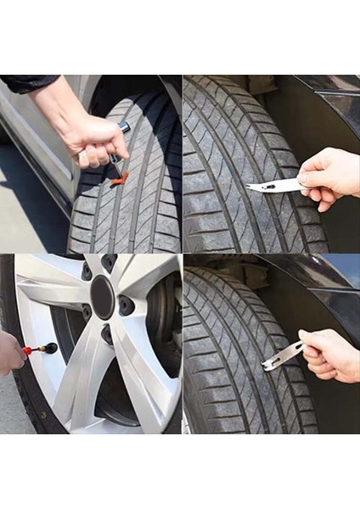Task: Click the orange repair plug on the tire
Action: (121, 178)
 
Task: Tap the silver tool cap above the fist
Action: (125, 128)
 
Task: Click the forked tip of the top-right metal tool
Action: (251, 187)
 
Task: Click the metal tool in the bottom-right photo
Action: (284, 355)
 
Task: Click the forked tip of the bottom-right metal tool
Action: (268, 366)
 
